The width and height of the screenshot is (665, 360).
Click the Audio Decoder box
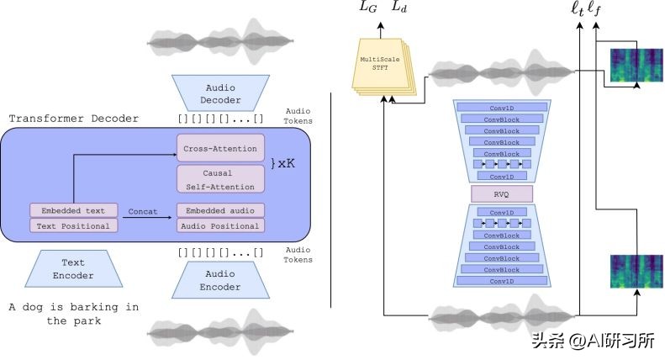click(219, 93)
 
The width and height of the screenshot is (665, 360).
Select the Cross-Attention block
click(220, 148)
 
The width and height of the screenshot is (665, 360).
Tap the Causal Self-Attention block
click(220, 177)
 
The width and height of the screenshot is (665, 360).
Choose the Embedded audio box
click(220, 210)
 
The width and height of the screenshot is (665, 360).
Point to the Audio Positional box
click(220, 225)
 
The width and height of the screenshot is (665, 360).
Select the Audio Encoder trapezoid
click(219, 280)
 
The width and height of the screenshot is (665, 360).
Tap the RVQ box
click(502, 194)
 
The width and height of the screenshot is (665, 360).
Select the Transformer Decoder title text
click(74, 119)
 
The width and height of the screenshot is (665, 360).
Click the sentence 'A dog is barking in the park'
click(74, 314)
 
